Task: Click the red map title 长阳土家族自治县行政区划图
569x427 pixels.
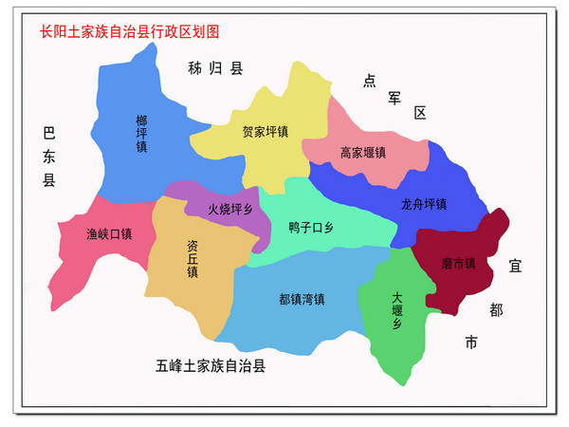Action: click(x=129, y=30)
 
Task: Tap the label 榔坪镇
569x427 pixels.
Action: click(x=141, y=134)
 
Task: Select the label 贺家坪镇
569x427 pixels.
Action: click(x=265, y=132)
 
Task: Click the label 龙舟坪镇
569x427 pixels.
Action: click(x=423, y=204)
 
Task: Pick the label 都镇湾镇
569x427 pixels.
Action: click(x=302, y=299)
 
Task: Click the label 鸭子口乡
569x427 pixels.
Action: click(x=312, y=228)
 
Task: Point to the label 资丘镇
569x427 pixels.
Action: click(x=193, y=257)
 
